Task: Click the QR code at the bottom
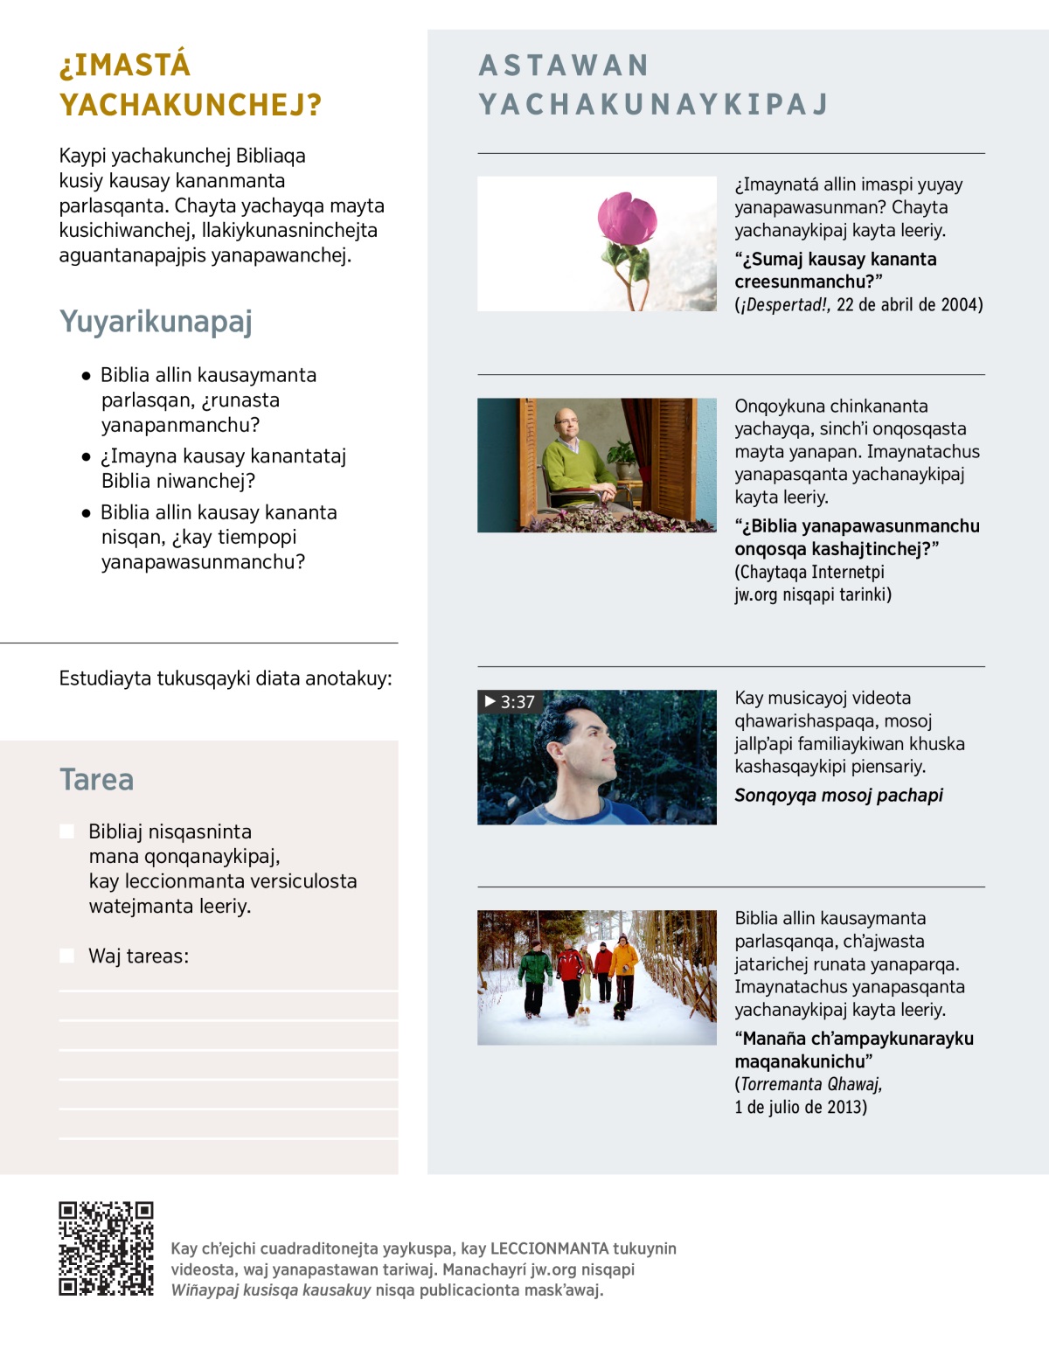[106, 1248]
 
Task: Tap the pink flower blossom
[627, 219]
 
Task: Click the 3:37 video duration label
[510, 702]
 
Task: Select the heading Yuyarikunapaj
[156, 322]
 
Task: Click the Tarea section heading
[96, 779]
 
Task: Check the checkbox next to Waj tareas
[67, 956]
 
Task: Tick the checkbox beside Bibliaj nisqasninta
[67, 831]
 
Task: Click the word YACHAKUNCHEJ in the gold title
[190, 105]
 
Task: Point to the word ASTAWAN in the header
[564, 66]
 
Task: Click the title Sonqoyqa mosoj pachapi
[838, 796]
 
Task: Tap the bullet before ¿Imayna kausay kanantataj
[86, 456]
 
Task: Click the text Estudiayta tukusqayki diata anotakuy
[225, 678]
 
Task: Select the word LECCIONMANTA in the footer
[549, 1248]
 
